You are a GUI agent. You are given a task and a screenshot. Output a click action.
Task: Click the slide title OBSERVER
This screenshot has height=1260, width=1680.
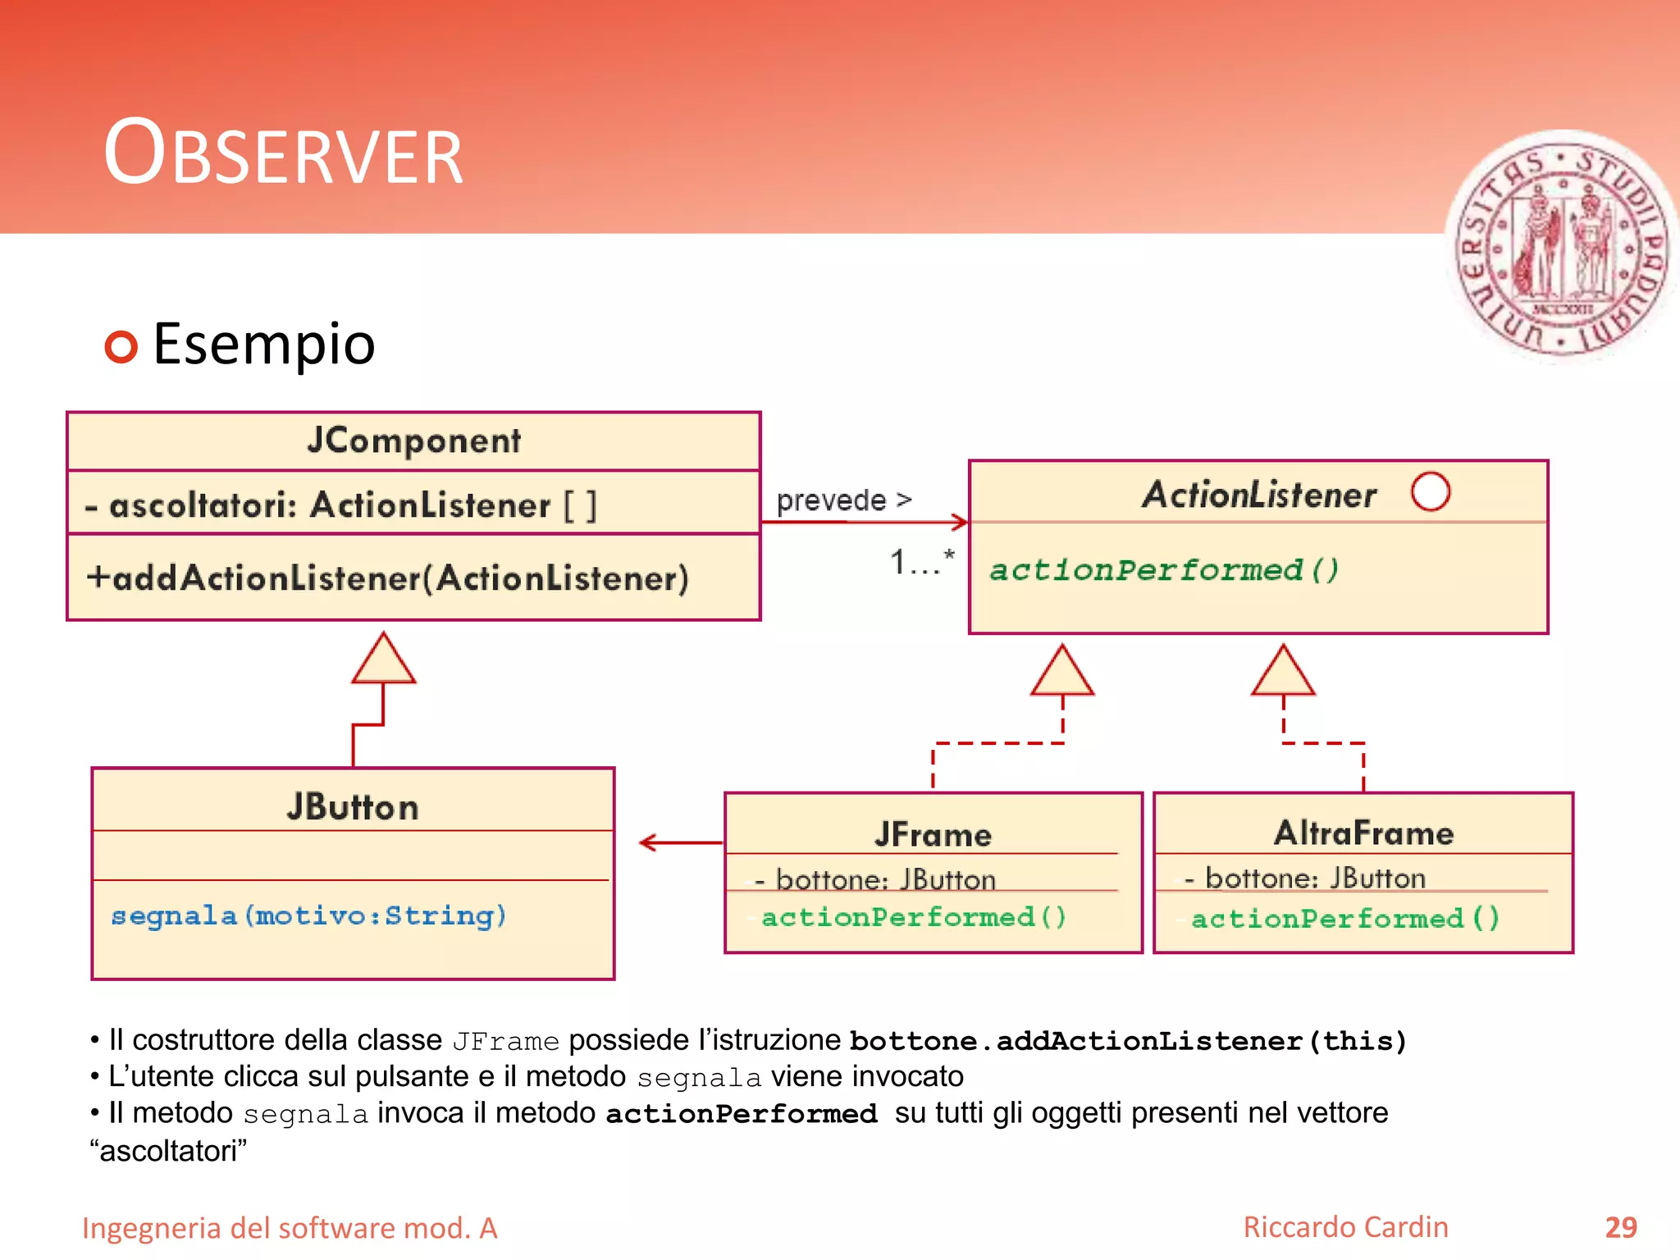coord(283,154)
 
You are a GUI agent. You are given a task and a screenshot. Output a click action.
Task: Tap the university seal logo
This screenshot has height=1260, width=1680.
coord(1563,246)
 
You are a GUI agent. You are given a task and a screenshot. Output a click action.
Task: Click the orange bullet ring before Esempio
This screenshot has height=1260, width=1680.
coord(121,347)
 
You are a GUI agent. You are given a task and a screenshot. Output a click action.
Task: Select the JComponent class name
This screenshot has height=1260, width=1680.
coord(413,441)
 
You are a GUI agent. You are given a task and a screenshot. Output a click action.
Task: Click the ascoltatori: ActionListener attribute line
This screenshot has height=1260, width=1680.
coord(340,505)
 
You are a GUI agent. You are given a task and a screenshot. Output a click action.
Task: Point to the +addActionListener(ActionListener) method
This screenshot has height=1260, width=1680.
coord(388,578)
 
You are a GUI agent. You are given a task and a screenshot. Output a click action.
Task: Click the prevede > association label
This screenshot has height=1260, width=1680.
coord(843,500)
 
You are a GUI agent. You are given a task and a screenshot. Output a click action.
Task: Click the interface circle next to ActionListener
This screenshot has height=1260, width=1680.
coord(1430,491)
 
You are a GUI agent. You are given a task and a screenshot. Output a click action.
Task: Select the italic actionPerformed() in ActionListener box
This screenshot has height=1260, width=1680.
coord(1163,570)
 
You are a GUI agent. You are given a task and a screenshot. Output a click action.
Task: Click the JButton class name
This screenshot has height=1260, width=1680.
coord(353,807)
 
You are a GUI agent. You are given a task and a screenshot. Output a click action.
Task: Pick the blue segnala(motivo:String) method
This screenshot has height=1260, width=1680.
coord(308,915)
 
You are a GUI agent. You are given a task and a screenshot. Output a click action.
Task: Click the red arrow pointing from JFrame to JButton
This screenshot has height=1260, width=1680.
coord(679,842)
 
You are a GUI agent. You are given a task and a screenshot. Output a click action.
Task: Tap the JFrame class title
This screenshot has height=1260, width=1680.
coord(933,834)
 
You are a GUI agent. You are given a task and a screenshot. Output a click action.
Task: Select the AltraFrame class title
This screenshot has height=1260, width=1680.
coord(1363,833)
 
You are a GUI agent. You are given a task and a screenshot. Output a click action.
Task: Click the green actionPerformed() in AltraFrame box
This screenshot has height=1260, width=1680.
coord(1344,918)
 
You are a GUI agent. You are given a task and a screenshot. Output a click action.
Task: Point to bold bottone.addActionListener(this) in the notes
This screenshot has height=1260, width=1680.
coord(1128,1041)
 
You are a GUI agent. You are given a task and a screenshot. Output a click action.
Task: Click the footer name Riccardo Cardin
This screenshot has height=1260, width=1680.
coord(1345,1227)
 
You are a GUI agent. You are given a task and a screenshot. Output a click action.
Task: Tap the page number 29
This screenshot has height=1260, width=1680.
coord(1620,1227)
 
